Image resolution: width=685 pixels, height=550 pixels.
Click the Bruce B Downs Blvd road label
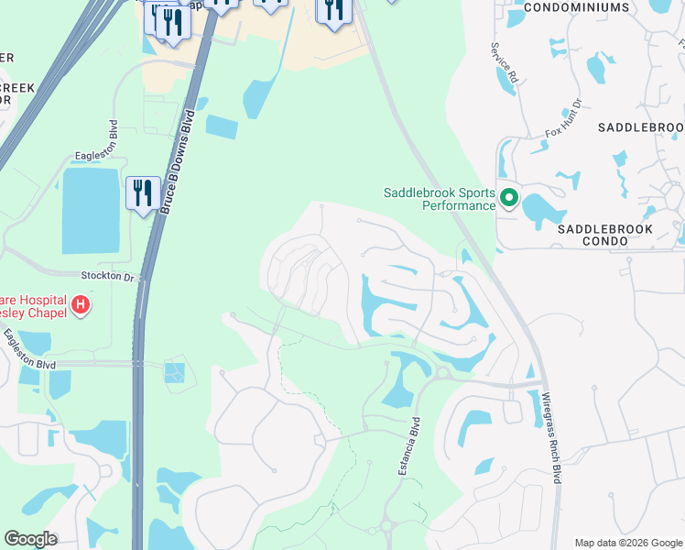[x=179, y=163]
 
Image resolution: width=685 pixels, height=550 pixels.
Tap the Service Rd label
[x=505, y=63]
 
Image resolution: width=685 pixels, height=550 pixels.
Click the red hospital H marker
[x=81, y=303]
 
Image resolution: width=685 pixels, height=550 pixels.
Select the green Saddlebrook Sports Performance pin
[x=508, y=198]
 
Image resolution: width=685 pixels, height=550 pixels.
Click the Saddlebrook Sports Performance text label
[x=440, y=199]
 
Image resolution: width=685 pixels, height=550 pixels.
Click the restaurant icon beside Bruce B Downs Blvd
[x=142, y=194]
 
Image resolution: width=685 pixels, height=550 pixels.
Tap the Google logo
[x=30, y=539]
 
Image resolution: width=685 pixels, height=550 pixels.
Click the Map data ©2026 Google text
[x=627, y=542]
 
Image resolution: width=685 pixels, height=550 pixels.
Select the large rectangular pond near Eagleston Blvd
[x=91, y=212]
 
